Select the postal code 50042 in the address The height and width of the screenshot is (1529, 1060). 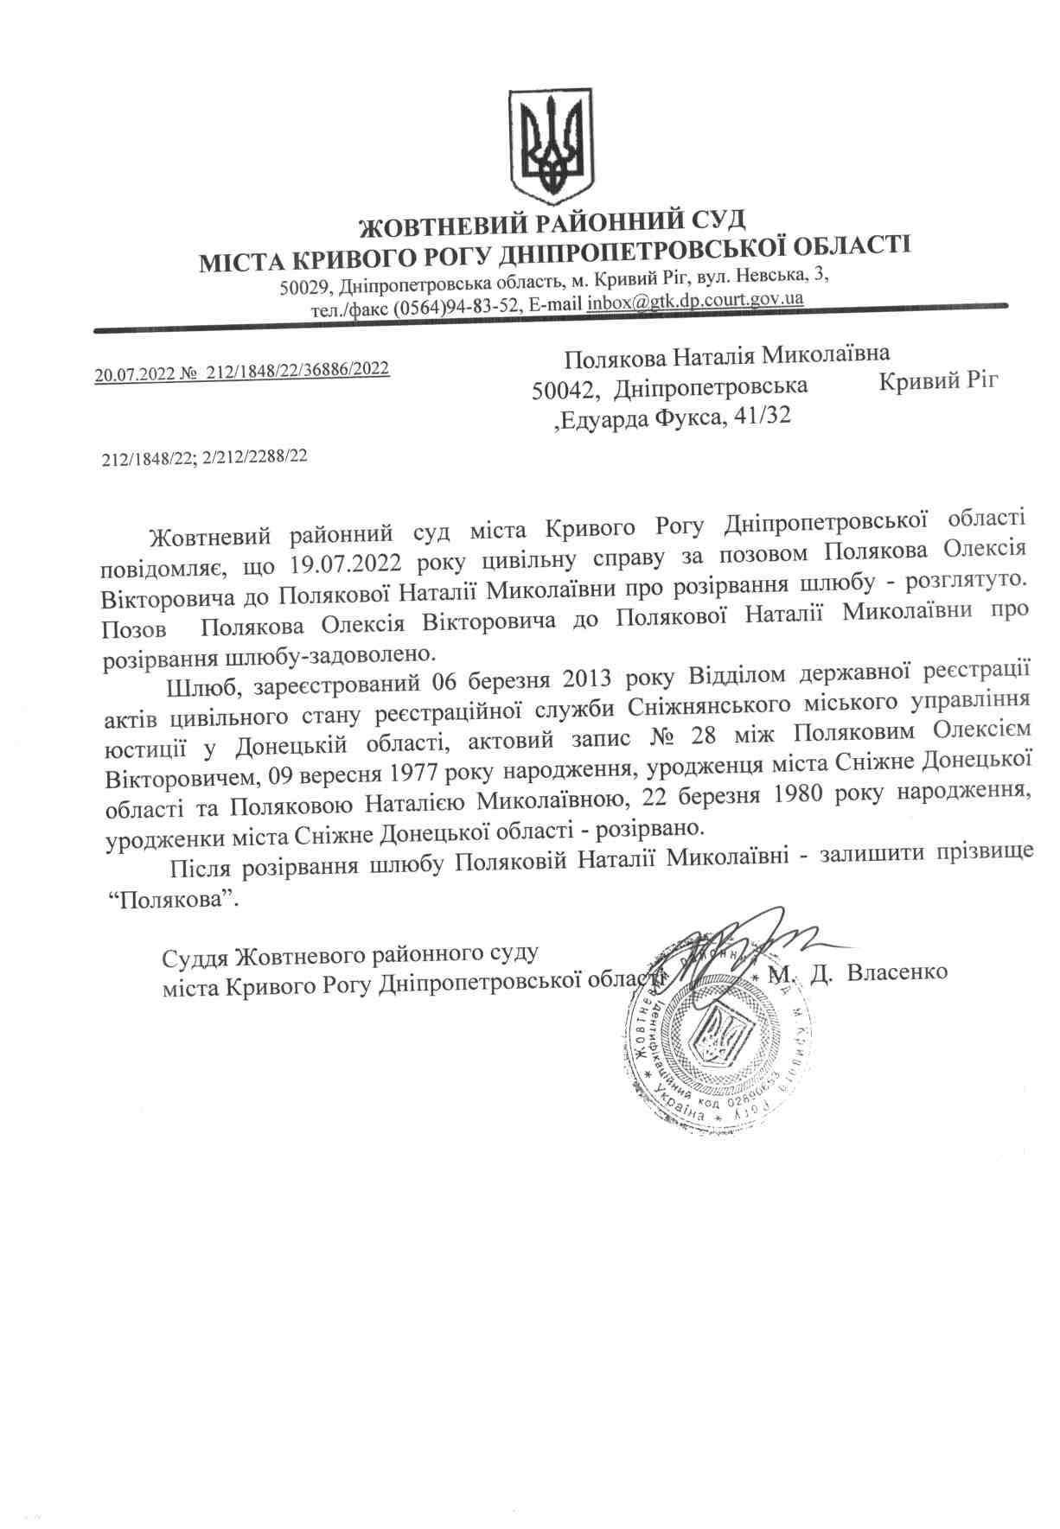[x=563, y=390]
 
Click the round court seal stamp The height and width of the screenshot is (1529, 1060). [x=718, y=1038]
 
